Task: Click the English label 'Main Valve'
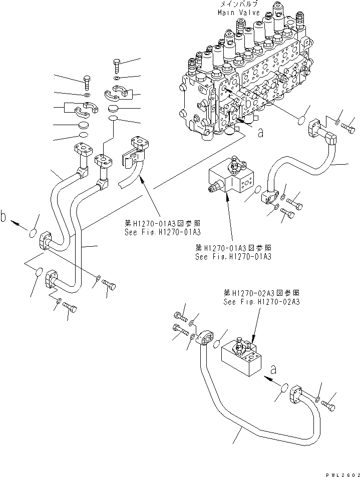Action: click(239, 13)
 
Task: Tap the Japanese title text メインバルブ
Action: click(239, 5)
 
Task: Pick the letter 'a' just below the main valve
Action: click(260, 133)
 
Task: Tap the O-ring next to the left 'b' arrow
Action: click(32, 233)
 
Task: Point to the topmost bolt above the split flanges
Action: click(117, 65)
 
